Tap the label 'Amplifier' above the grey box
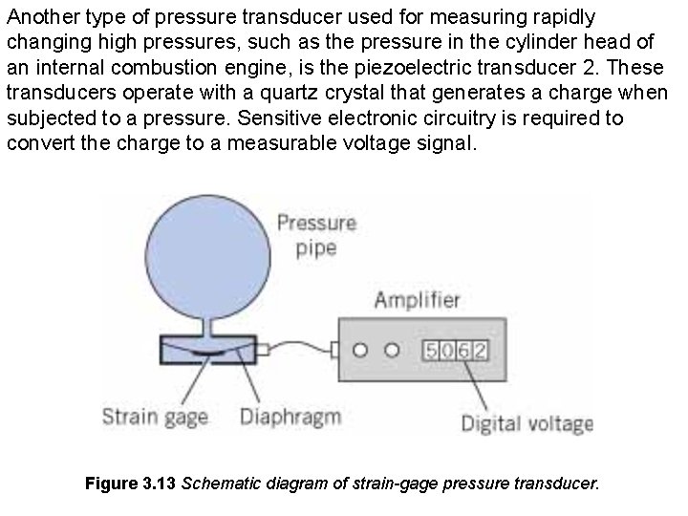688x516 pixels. (x=417, y=301)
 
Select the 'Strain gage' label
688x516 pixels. (x=154, y=418)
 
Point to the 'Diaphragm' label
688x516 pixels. (x=290, y=418)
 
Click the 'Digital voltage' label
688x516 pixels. (x=527, y=422)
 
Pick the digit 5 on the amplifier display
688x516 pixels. (x=432, y=351)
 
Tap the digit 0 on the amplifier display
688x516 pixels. (x=448, y=351)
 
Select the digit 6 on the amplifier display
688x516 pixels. (x=463, y=351)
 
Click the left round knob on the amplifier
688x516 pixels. (x=359, y=350)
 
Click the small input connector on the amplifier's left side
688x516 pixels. (x=334, y=350)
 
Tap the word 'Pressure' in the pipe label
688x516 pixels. (x=316, y=224)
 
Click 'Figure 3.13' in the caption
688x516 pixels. (x=129, y=484)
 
